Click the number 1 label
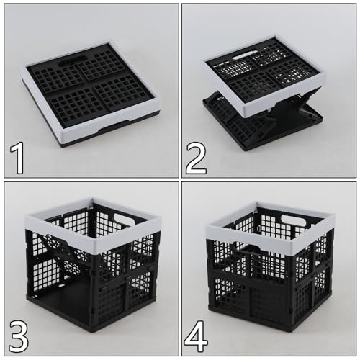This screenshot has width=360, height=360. click(x=16, y=158)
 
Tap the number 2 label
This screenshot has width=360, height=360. click(x=196, y=158)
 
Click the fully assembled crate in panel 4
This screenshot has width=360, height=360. click(x=270, y=274)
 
